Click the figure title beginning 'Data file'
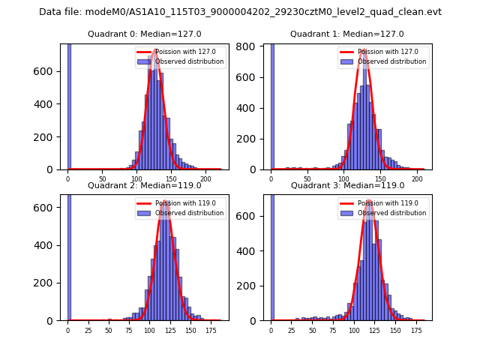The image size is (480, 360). point(240,12)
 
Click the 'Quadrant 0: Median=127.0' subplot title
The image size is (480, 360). point(144,34)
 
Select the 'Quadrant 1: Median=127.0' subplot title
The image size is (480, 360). point(347,34)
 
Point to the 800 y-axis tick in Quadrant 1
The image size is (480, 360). point(252,46)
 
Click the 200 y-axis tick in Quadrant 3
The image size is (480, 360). point(252,286)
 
